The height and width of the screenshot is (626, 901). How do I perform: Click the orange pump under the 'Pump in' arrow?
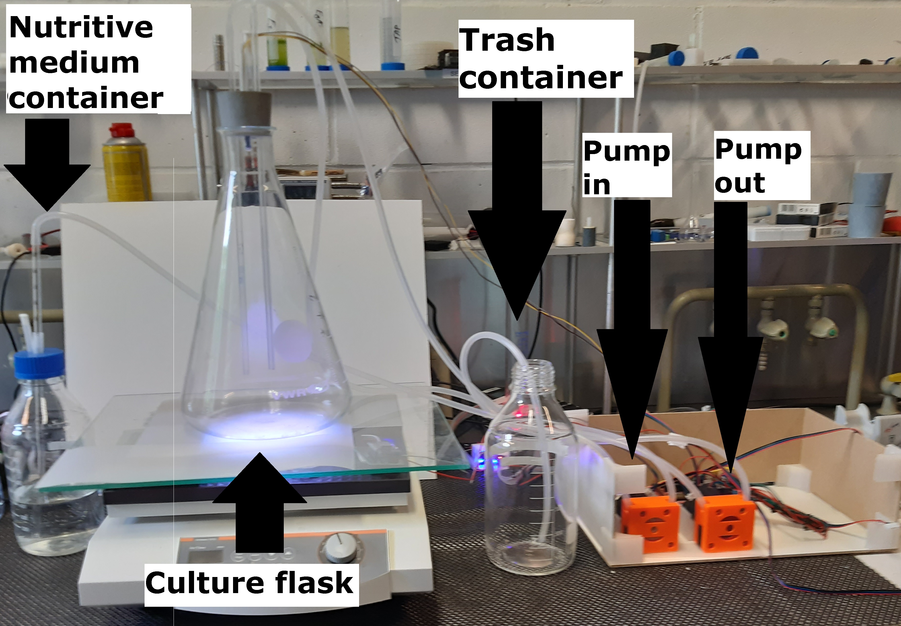click(x=649, y=524)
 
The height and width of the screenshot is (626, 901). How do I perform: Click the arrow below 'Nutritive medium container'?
click(x=47, y=165)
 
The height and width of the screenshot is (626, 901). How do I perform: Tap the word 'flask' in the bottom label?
click(x=314, y=583)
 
